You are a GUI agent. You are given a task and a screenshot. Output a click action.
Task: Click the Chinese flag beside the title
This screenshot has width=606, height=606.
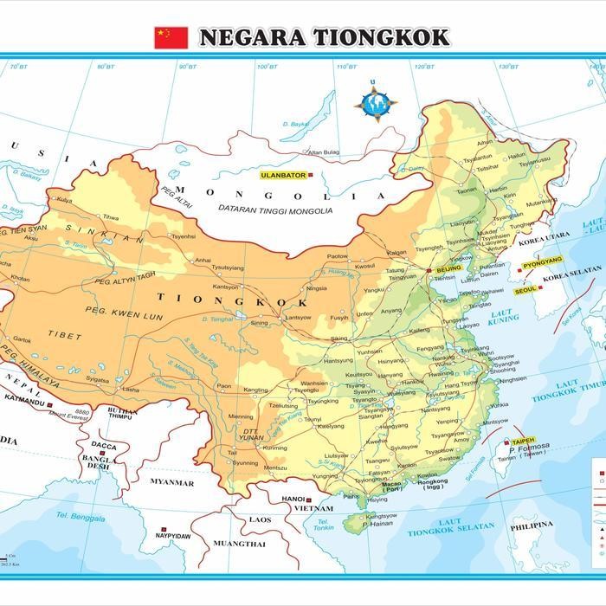pos(171,37)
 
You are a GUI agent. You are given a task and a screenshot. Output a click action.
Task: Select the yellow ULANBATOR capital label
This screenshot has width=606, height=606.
pos(283,175)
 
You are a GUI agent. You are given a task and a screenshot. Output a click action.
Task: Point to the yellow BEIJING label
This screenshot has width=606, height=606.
pos(449,270)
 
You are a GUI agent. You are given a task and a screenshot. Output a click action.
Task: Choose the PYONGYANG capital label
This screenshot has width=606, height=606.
pos(543,260)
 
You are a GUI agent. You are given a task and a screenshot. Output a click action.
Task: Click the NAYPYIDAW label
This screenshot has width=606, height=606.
pos(173,536)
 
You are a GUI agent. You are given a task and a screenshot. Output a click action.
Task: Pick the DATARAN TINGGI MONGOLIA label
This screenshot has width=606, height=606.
pos(275,210)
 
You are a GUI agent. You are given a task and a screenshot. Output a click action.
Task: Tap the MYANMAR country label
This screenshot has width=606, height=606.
pos(171,482)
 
